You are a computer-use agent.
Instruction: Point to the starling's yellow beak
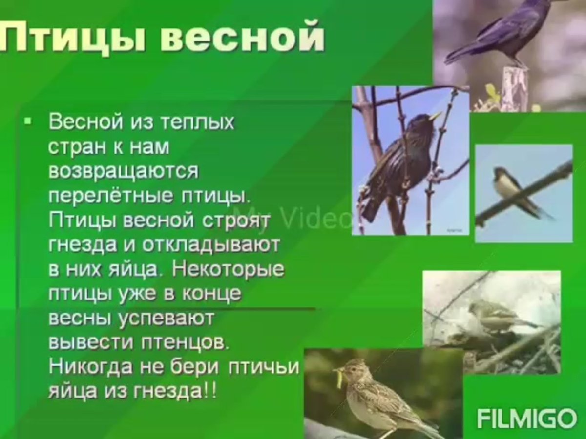435,116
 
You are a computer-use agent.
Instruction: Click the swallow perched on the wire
513,190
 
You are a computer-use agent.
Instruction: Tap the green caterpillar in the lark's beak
338,378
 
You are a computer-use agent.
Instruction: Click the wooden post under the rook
515,88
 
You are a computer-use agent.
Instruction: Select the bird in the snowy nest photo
493,315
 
